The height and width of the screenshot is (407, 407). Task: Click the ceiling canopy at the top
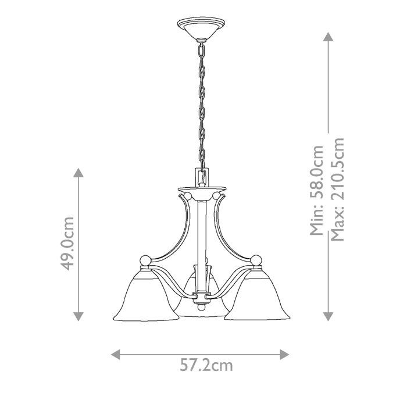coord(200,28)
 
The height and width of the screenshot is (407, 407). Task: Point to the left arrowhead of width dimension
coord(115,353)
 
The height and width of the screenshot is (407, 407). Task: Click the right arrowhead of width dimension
coord(284,353)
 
